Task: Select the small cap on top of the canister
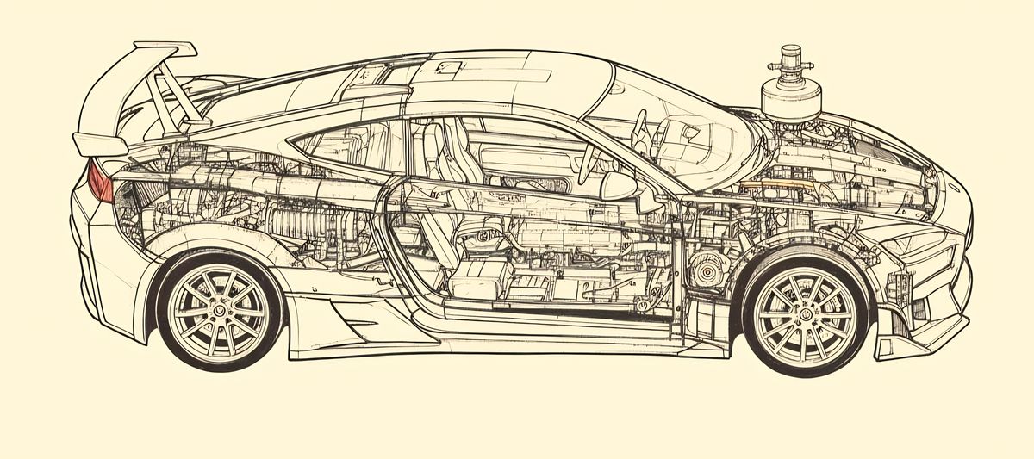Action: pos(790,54)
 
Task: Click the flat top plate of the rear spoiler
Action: pos(164,50)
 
